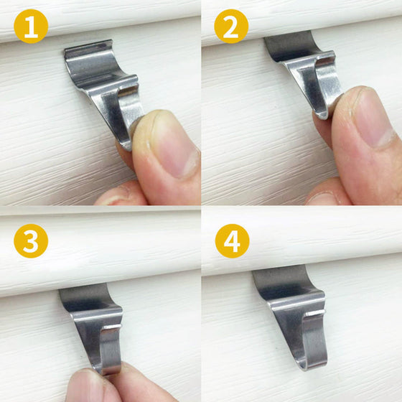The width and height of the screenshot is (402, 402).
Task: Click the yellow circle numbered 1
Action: (x=31, y=27)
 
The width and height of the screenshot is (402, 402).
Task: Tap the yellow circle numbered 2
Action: (x=231, y=27)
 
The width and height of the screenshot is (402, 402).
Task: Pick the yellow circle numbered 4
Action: (x=231, y=241)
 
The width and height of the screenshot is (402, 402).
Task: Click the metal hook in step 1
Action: (x=104, y=83)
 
